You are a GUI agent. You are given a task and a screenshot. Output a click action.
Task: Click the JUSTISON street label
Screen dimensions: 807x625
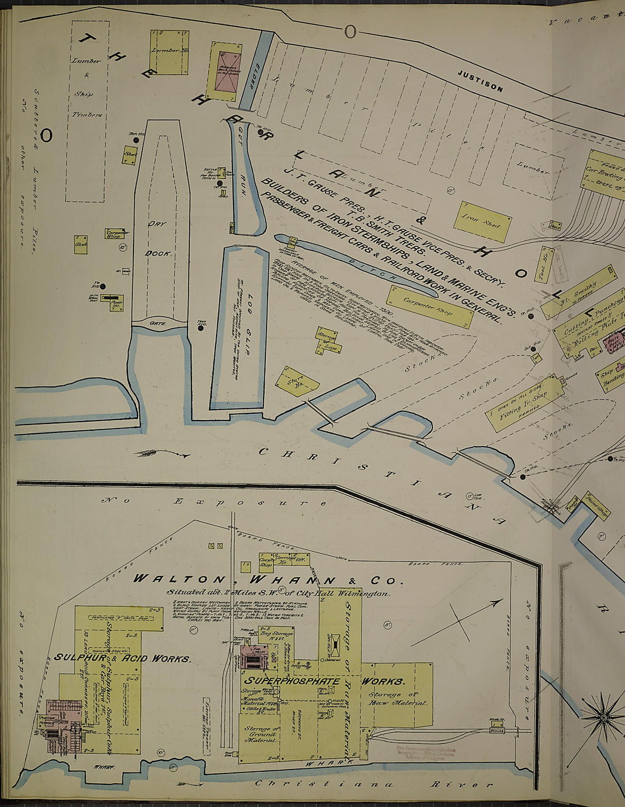[480, 81]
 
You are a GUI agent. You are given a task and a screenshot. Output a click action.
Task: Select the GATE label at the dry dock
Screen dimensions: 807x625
[157, 323]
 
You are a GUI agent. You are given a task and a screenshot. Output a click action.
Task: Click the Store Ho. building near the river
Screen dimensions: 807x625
[296, 381]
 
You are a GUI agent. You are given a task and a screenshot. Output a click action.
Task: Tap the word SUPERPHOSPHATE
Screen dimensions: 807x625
[292, 681]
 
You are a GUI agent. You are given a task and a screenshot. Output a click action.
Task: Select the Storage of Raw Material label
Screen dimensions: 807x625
[397, 699]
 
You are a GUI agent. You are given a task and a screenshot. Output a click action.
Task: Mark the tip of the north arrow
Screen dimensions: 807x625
[502, 600]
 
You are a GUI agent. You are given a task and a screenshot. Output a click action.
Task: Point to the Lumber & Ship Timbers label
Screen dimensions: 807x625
[86, 87]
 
